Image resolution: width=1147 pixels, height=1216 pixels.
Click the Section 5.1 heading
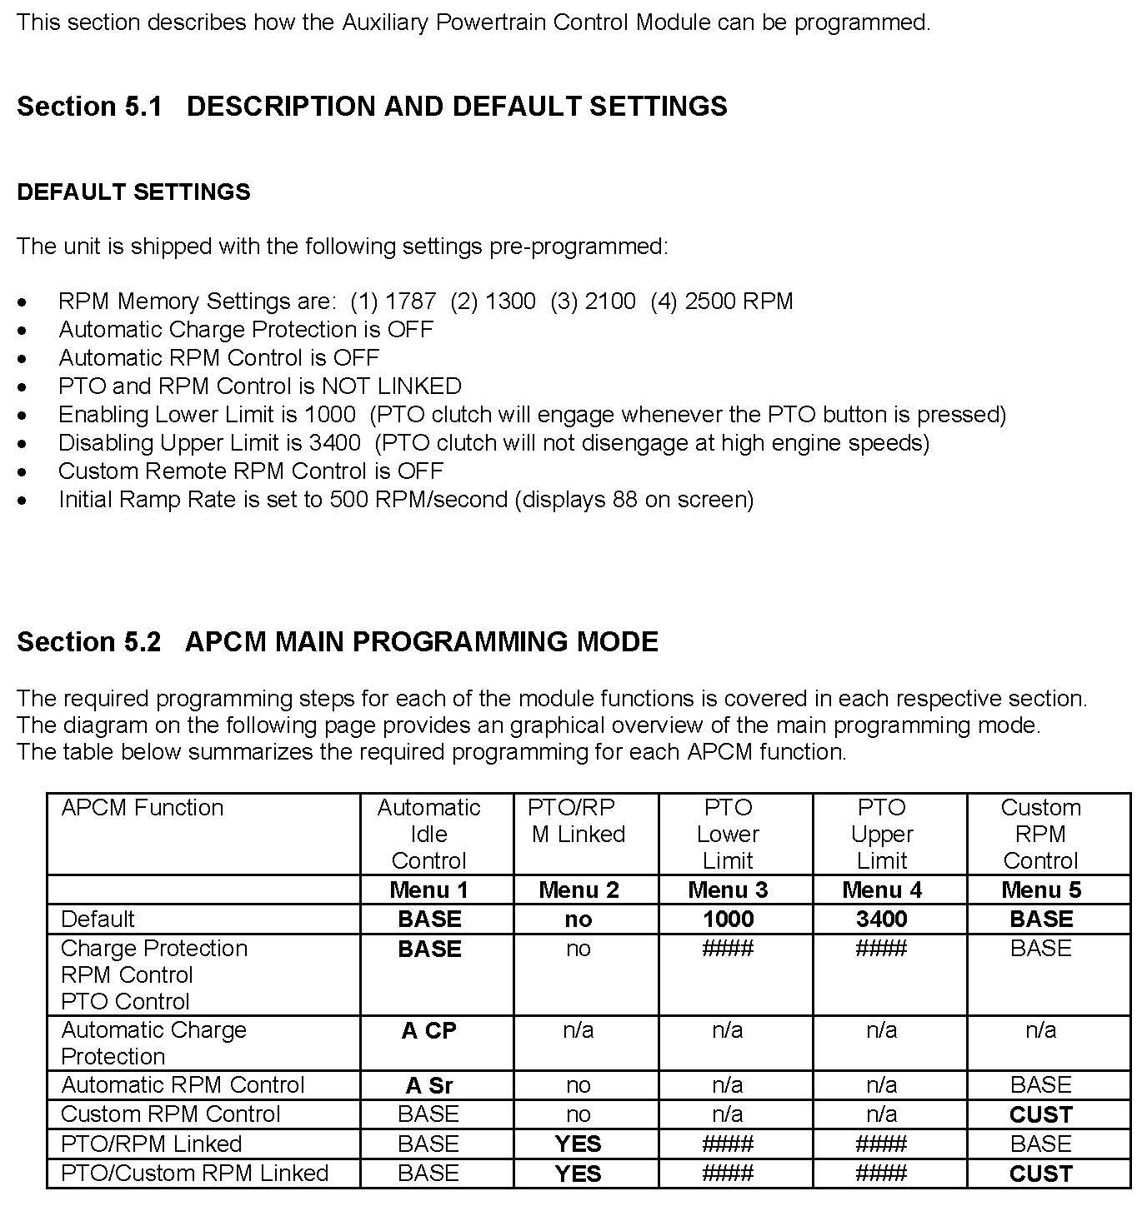372,107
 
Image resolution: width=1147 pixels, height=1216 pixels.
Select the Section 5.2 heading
338,642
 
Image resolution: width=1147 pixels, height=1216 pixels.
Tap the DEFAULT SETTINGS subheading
133,192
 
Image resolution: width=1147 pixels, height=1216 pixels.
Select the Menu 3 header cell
728,890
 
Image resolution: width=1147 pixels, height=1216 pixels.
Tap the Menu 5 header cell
1040,890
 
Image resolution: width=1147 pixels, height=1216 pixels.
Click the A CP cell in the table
428,1031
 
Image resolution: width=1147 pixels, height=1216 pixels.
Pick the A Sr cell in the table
428,1086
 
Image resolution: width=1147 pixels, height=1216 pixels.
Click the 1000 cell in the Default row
728,919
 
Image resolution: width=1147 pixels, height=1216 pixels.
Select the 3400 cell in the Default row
881,919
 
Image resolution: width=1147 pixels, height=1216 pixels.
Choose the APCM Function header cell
143,808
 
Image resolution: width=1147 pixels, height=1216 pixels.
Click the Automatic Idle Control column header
428,834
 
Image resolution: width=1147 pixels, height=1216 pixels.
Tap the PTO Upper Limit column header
881,834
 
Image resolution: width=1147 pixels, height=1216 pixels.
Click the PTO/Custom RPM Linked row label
195,1174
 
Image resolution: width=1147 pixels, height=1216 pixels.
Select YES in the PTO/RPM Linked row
578,1144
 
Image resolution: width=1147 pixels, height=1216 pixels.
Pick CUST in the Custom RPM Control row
1040,1115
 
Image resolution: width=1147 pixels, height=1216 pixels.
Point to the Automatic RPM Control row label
183,1085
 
